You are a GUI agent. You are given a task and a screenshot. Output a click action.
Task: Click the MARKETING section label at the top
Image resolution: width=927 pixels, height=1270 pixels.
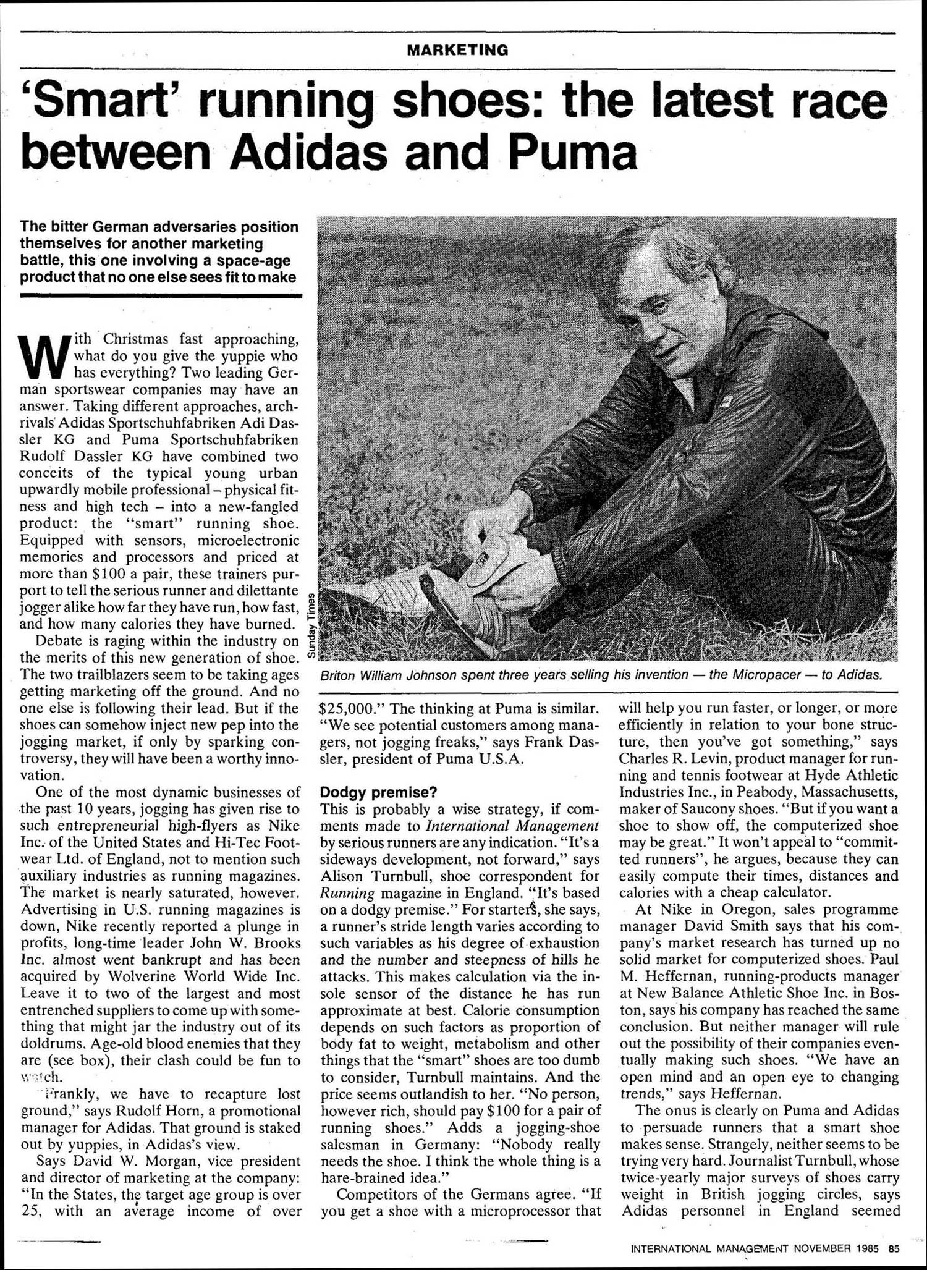(458, 50)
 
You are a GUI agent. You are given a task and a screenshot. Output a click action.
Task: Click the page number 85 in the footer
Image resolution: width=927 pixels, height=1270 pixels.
(894, 1248)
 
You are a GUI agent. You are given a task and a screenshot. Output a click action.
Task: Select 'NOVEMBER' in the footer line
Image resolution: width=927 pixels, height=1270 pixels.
(822, 1248)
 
